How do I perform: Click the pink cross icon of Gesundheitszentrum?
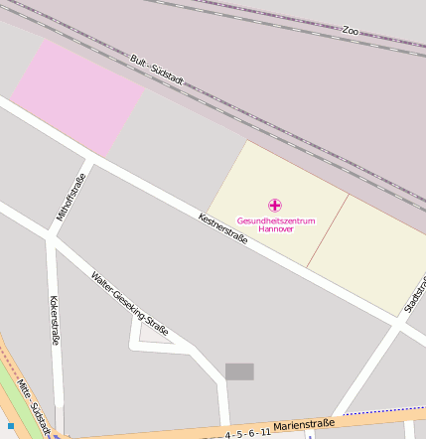(x=275, y=205)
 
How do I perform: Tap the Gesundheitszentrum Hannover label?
(x=275, y=223)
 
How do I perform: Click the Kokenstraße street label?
(x=54, y=320)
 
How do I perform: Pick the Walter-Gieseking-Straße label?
(x=129, y=302)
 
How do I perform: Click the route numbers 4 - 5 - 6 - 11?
(x=247, y=433)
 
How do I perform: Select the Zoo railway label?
(x=350, y=31)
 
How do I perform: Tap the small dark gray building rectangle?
(x=239, y=371)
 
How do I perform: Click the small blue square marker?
(x=11, y=426)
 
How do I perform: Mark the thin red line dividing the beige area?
(x=328, y=229)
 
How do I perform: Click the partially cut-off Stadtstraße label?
(x=414, y=296)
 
